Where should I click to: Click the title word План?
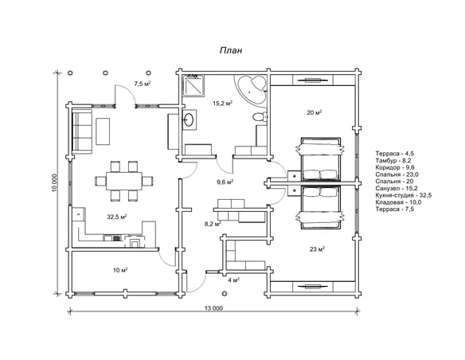[231, 51]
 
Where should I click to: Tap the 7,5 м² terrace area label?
[143, 84]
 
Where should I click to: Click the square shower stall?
[194, 85]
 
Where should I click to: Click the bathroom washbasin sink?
[190, 119]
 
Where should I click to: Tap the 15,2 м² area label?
[222, 104]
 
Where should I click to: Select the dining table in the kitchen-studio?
[124, 181]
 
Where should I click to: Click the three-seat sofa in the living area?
[82, 131]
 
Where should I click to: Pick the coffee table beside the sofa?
[103, 131]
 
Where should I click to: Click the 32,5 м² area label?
[117, 217]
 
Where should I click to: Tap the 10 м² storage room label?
[120, 270]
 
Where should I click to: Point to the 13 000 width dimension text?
[213, 308]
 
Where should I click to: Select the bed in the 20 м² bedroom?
[320, 159]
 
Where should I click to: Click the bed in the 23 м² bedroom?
[320, 207]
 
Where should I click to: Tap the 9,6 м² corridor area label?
[225, 182]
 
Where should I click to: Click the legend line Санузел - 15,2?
[397, 188]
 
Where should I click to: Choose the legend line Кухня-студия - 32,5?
[404, 195]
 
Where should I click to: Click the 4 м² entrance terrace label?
[233, 280]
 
